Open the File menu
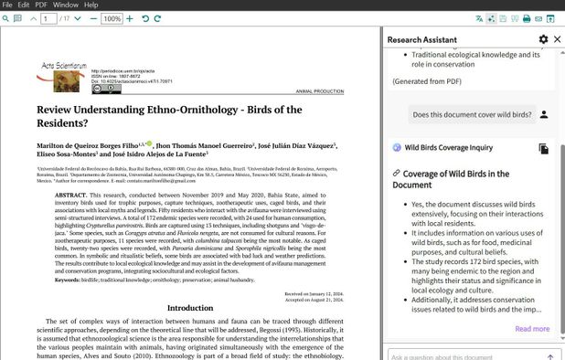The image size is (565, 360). [8, 5]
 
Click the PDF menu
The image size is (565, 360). [41, 5]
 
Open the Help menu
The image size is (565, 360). [91, 5]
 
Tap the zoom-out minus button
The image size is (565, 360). [92, 18]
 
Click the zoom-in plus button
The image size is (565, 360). [130, 18]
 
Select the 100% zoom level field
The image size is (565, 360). [112, 18]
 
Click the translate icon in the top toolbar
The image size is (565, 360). [479, 18]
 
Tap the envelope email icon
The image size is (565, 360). [538, 18]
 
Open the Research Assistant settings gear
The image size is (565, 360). [544, 39]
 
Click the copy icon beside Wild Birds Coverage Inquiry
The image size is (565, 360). [544, 148]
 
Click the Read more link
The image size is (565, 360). [532, 329]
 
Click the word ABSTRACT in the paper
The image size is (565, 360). [70, 195]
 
